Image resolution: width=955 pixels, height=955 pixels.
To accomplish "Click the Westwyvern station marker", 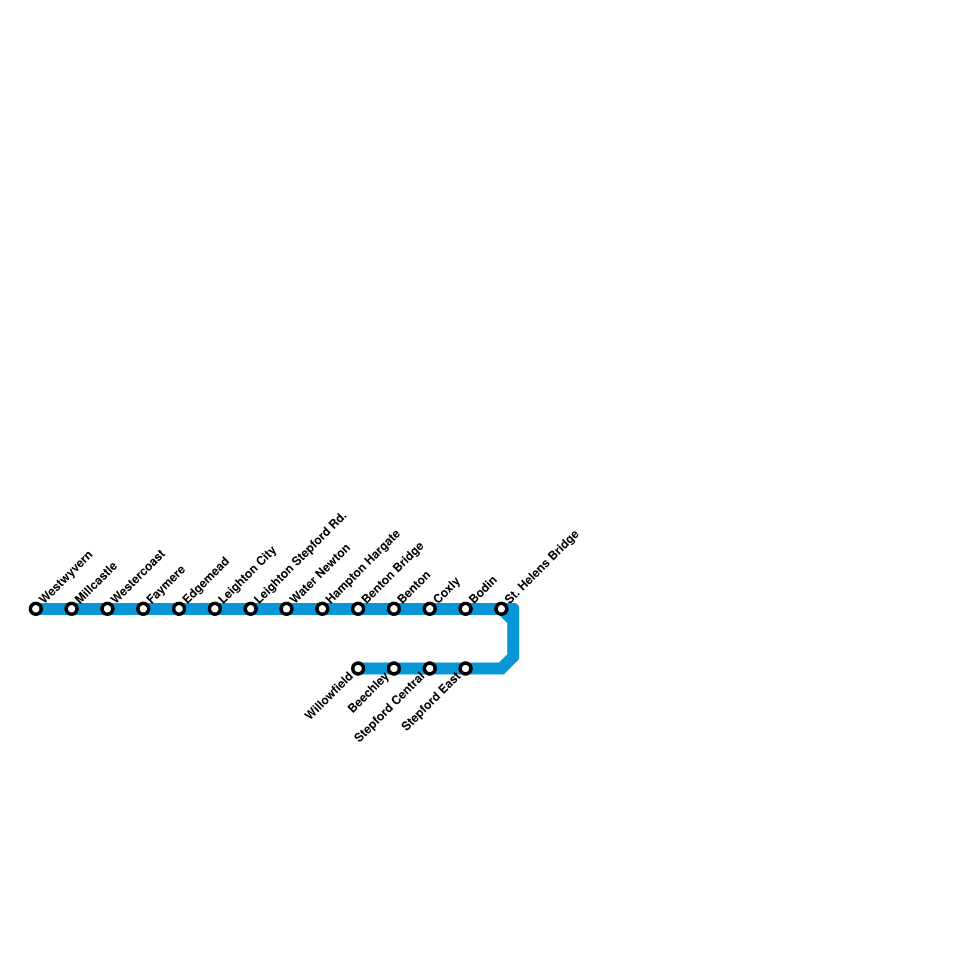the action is point(36,609).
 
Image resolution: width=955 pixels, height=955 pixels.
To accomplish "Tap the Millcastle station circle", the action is point(72,609).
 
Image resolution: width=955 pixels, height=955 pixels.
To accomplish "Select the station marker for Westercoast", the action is point(107,609).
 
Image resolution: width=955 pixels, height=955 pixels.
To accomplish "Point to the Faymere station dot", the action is point(143,609).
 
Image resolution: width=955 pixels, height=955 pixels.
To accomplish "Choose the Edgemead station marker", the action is point(179,609).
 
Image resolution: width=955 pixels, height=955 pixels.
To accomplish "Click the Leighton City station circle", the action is point(215,609).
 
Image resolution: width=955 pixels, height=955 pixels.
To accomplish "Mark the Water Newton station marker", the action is point(286,609).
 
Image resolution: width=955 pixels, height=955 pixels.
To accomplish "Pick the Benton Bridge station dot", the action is point(358,609).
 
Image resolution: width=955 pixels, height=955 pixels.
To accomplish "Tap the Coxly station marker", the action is point(430,609).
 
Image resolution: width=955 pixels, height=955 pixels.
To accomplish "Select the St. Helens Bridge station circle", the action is point(501,609).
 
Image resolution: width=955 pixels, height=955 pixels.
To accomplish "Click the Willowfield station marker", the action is point(358,668).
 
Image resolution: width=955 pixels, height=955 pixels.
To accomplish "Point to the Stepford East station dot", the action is point(466,668).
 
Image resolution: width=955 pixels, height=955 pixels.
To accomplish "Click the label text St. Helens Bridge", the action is point(541,566).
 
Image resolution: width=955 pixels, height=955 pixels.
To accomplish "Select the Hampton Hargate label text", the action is point(362,565).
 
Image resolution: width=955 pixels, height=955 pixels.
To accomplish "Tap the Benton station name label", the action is point(414,587).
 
